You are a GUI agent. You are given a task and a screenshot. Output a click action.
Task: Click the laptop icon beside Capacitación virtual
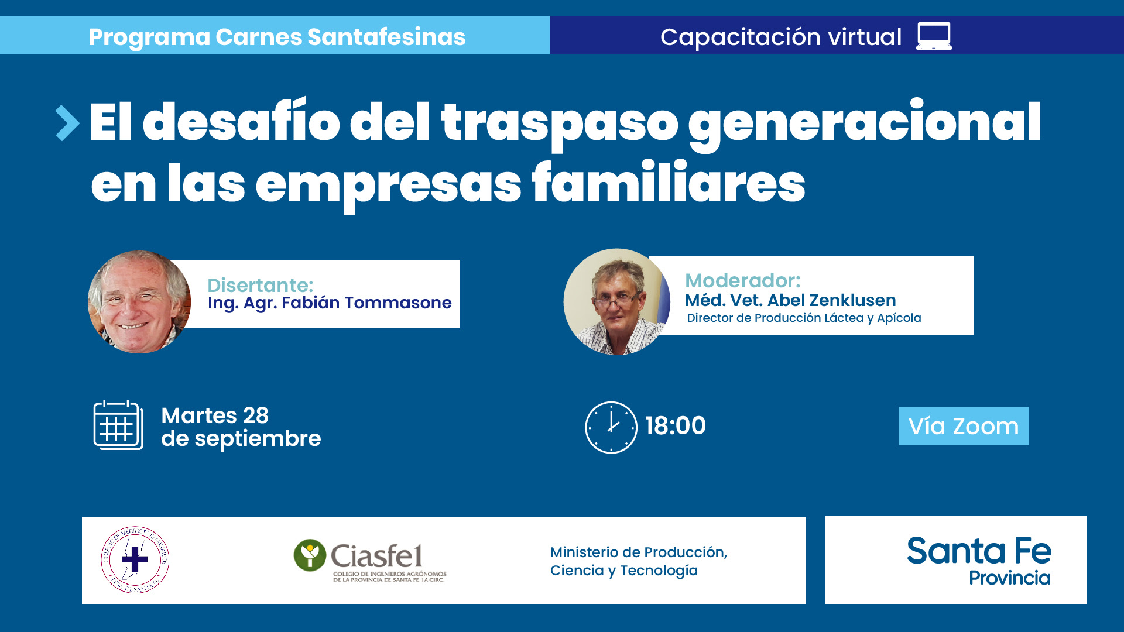click(934, 36)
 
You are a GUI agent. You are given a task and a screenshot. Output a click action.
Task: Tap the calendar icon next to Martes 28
click(118, 425)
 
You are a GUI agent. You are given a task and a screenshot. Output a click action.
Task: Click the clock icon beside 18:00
click(611, 427)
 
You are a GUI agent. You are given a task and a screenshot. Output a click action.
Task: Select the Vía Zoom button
click(964, 426)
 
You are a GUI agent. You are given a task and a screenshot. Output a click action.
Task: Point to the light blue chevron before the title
click(67, 123)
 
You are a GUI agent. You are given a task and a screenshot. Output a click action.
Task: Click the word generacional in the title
click(865, 123)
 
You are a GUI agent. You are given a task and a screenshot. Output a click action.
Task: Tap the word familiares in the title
click(669, 183)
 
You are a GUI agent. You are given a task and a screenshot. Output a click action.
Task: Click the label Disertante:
click(260, 285)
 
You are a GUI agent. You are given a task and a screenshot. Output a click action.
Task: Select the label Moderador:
click(743, 280)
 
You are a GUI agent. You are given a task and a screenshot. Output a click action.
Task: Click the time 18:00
click(676, 425)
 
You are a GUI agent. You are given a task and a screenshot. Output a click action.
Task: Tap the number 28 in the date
click(256, 415)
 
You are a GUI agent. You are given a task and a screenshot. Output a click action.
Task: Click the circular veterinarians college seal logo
click(135, 560)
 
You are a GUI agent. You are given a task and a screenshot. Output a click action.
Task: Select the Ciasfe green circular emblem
click(310, 555)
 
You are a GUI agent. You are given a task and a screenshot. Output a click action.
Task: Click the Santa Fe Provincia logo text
click(979, 561)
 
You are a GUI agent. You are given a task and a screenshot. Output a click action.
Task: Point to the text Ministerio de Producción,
click(639, 552)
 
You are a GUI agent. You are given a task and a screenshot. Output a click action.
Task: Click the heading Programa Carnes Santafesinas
click(277, 37)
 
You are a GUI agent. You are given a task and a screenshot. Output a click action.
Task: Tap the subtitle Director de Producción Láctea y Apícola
click(804, 318)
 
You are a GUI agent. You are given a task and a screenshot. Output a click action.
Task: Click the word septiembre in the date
click(258, 439)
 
